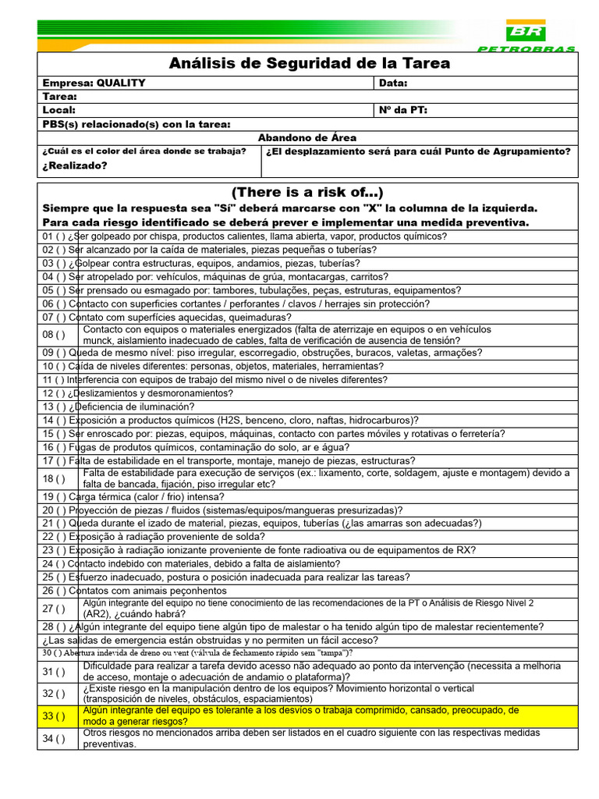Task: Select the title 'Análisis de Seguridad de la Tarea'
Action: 309,63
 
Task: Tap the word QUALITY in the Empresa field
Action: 120,83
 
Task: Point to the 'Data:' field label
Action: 393,83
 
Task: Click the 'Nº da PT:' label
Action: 403,110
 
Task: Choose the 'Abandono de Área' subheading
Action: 307,137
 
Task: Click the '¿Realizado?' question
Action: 75,165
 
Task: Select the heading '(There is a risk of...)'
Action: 307,193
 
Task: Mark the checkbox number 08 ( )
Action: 55,335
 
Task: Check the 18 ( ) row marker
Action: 55,478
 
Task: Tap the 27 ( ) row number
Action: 55,609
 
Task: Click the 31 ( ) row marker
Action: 55,672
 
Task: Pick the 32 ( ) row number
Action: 55,694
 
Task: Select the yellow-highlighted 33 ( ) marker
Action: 55,716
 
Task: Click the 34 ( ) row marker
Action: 55,739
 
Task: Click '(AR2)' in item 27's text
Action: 99,614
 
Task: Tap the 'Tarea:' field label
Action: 60,97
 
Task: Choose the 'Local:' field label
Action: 59,110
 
